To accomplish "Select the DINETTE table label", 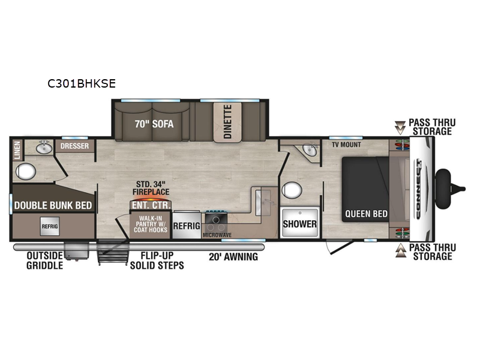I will (227, 121).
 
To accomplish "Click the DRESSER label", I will (74, 146).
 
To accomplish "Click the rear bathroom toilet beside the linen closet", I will (25, 172).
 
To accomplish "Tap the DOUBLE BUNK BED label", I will (53, 205).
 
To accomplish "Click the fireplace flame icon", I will (151, 199).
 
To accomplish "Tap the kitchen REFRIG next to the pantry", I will (186, 226).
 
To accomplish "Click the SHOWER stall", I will (299, 224).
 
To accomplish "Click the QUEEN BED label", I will (366, 214).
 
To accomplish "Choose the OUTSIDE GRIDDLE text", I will (44, 260).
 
